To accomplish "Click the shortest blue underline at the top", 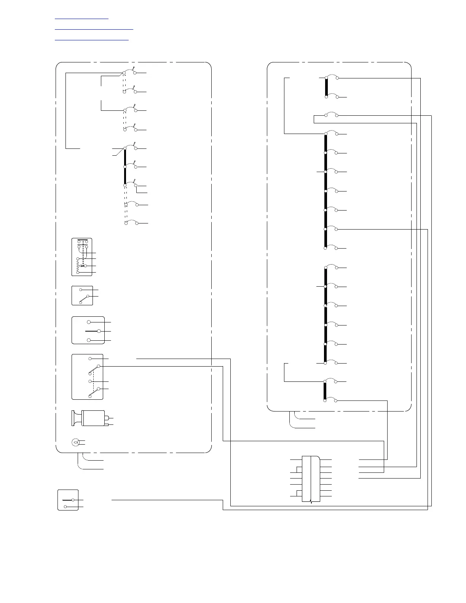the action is coord(81,18).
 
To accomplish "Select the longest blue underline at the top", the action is coord(94,29).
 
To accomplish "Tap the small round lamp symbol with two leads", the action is coord(75,442).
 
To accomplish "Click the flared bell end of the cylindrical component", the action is coord(75,418).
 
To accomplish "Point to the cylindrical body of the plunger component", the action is coord(94,418).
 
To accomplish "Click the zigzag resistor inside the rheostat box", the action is coord(78,266).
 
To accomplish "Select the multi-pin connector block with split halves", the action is coord(311,479).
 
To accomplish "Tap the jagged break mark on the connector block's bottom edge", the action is coord(311,502).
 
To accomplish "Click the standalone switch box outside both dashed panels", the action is coord(68,500).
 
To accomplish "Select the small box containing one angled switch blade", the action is coord(82,295).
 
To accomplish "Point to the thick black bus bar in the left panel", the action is coord(125,167).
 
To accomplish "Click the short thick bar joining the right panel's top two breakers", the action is coord(326,88).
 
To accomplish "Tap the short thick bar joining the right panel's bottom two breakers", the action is coord(326,391).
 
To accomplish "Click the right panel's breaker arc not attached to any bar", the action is coord(331,114).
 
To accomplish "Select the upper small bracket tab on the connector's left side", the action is coord(299,469).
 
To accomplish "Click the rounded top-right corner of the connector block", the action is coord(318,458).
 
